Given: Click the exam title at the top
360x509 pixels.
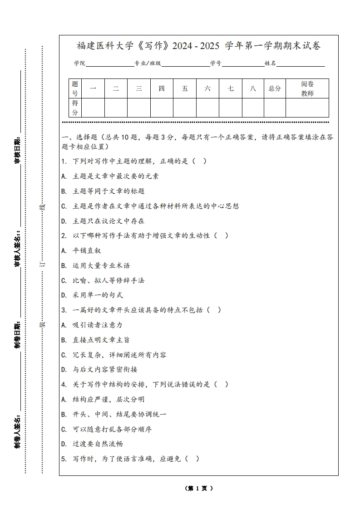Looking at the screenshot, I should coord(199,46).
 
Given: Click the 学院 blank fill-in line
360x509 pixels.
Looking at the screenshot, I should coord(109,64).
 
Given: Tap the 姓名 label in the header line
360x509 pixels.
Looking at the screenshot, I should coord(270,64).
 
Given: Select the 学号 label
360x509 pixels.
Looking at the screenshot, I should coord(216,64).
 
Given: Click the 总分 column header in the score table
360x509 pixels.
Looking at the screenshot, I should coord(275,88).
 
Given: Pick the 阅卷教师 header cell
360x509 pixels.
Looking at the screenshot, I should coord(307,88).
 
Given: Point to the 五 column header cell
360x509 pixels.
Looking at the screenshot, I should coord(185,88).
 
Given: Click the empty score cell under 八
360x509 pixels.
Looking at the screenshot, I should coord(253,108).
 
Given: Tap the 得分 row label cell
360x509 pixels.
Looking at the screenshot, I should coord(75,108).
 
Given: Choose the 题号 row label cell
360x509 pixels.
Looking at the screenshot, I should coord(75,88).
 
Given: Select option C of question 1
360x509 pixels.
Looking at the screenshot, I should coord(150,206).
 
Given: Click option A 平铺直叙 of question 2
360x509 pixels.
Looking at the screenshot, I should coord(81,250).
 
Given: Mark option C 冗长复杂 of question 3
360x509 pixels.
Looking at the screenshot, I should coord(114,355).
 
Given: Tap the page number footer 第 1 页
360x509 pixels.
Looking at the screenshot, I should coord(199,489).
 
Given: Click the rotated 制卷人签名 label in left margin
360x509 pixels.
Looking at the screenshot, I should coord(17,431).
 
